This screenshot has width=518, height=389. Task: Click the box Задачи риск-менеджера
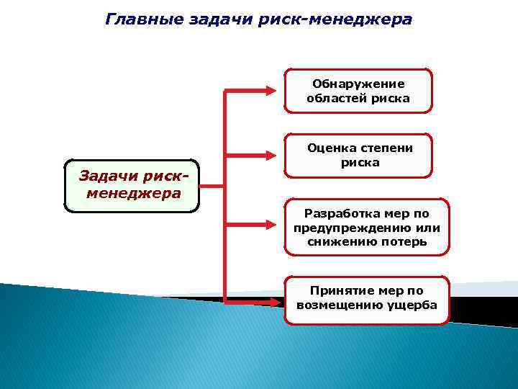[x=131, y=185]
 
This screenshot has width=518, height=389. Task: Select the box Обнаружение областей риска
[x=358, y=91]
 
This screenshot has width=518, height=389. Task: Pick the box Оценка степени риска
[x=359, y=156]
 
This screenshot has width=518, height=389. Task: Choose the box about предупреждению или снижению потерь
[x=367, y=228]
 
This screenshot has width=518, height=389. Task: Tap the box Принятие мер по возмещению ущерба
[x=367, y=298]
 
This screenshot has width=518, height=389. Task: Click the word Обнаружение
[x=358, y=84]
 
